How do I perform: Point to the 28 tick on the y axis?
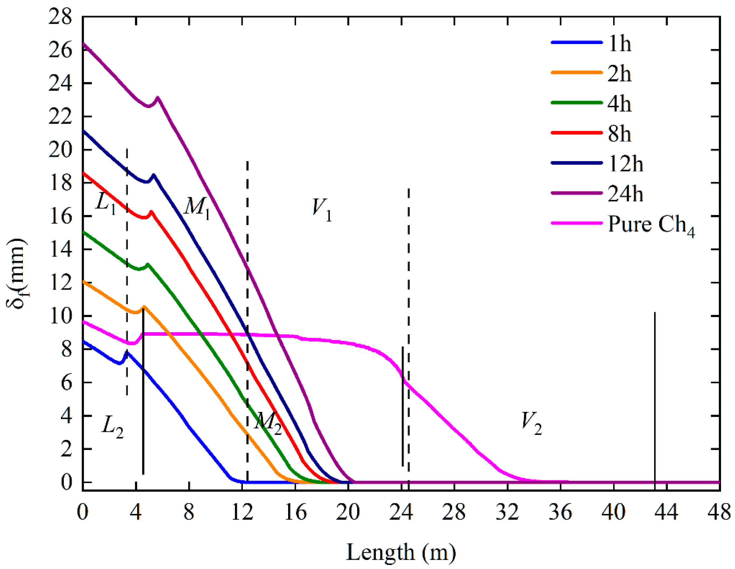click(60, 16)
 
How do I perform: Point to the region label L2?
click(112, 427)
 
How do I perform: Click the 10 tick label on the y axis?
click(61, 316)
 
